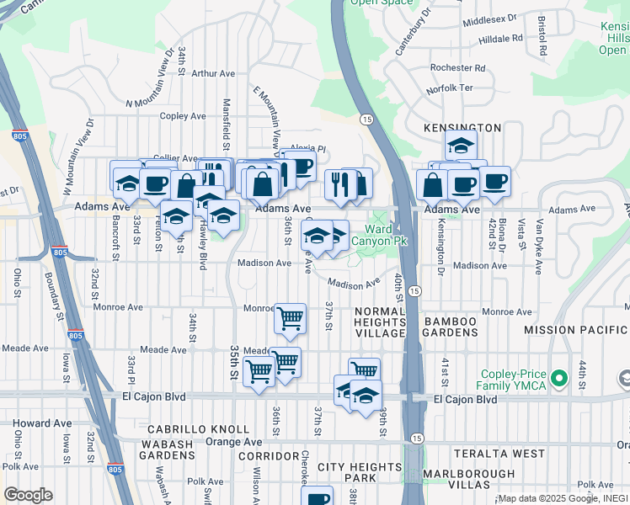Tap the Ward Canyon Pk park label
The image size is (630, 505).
[x=379, y=235]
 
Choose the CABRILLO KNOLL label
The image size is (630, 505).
[x=199, y=429]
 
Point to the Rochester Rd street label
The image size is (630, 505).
[x=457, y=67]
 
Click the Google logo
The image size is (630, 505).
[x=28, y=495]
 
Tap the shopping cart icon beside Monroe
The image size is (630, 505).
[x=290, y=319]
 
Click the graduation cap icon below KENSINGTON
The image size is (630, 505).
[x=461, y=145]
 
